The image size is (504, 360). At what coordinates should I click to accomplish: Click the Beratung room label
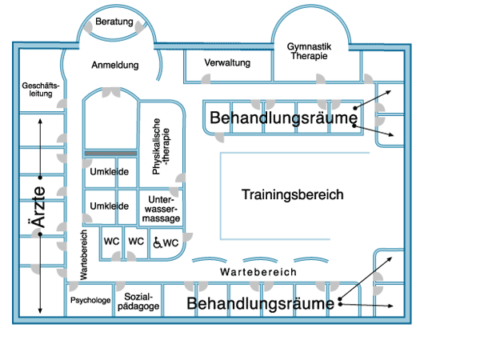(x=114, y=22)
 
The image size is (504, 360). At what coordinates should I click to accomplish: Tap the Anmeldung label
(x=114, y=65)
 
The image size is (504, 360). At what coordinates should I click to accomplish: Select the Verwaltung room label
(x=228, y=62)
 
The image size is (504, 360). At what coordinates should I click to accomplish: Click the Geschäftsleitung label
(x=37, y=89)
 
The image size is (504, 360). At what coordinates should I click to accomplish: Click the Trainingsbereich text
(x=293, y=194)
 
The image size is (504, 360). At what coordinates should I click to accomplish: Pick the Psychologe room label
(x=90, y=301)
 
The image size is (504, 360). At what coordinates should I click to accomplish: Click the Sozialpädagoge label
(x=138, y=301)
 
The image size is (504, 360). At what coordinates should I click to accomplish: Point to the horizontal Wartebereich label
(x=258, y=272)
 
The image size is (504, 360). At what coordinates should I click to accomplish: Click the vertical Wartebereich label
(x=82, y=254)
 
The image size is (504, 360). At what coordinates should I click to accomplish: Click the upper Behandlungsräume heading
(x=282, y=118)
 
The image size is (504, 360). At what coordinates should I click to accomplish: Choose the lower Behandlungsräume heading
(x=260, y=304)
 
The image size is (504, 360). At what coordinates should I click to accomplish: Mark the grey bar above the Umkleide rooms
(x=111, y=153)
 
